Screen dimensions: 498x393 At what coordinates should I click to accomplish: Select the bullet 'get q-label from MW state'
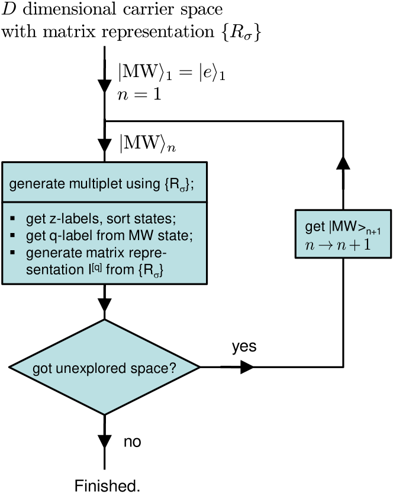tap(110, 236)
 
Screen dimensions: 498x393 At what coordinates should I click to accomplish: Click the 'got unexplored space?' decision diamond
tap(104, 368)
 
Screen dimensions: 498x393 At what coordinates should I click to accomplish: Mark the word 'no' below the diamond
tap(133, 442)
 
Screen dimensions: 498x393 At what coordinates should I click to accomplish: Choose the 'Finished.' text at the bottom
tap(107, 486)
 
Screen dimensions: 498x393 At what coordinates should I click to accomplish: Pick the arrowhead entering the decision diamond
tap(104, 305)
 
